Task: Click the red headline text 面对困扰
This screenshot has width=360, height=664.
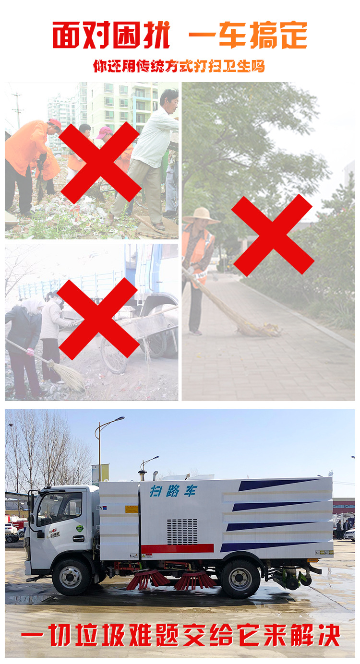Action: pyautogui.click(x=111, y=35)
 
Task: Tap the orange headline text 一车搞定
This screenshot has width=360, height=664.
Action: pyautogui.click(x=248, y=35)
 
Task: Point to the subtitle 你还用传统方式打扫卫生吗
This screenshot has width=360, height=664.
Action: pyautogui.click(x=179, y=66)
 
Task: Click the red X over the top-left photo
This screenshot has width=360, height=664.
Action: pyautogui.click(x=100, y=163)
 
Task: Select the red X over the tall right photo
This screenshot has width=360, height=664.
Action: pyautogui.click(x=272, y=236)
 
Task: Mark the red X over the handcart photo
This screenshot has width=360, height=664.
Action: pyautogui.click(x=98, y=319)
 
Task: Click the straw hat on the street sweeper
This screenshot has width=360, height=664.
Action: pyautogui.click(x=201, y=215)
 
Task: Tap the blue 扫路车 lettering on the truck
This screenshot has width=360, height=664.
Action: pyautogui.click(x=173, y=491)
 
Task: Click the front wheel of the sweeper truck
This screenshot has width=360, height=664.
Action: pyautogui.click(x=71, y=577)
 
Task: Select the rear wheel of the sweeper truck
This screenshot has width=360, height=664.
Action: pyautogui.click(x=240, y=579)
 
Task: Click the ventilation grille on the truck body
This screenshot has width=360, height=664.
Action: pyautogui.click(x=182, y=532)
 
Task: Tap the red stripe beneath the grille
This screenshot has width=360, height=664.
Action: pyautogui.click(x=177, y=548)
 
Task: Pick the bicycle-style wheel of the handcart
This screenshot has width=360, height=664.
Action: pyautogui.click(x=114, y=356)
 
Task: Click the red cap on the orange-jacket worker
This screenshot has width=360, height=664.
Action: pyautogui.click(x=55, y=123)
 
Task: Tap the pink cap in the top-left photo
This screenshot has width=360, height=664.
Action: pyautogui.click(x=104, y=132)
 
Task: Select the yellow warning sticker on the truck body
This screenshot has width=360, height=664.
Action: pyautogui.click(x=132, y=509)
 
